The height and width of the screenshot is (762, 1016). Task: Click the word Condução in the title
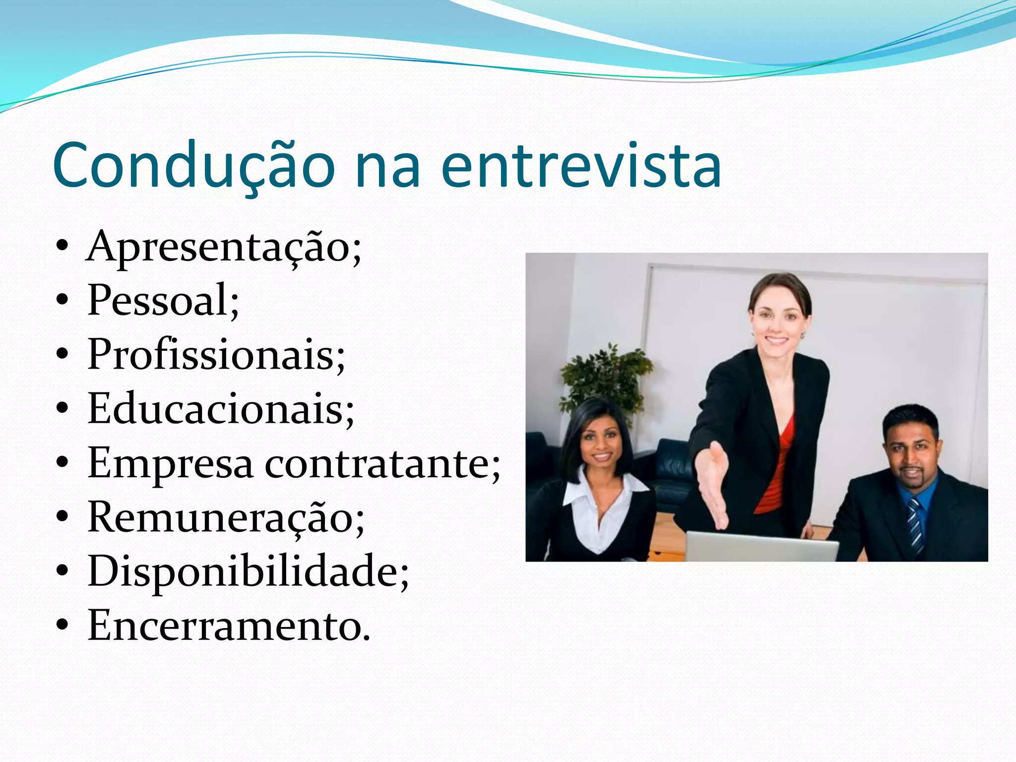[x=193, y=166]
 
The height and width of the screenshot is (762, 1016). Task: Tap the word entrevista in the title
[x=580, y=166]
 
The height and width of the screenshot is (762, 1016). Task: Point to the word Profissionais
[x=216, y=355]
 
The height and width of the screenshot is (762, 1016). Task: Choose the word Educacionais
[x=221, y=409]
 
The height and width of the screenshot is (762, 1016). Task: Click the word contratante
[x=382, y=464]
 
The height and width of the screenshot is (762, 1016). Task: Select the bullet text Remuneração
[x=226, y=518]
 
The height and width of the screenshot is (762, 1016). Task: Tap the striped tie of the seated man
[x=914, y=526]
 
